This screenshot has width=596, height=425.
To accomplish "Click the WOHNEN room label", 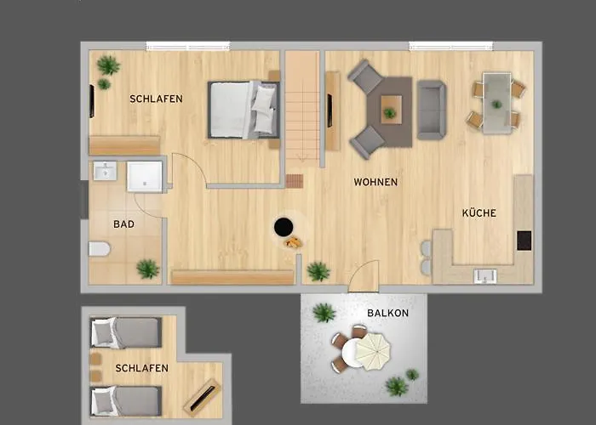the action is tap(375, 182).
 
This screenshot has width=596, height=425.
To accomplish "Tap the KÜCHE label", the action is tap(479, 212).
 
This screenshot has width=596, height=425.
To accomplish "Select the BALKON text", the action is tap(387, 313).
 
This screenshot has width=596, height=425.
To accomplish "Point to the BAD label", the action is tap(124, 224).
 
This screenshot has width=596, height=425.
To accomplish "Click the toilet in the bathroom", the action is tap(100, 249).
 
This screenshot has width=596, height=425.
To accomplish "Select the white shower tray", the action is tap(145, 177).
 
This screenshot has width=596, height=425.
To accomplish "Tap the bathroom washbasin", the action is tap(105, 171).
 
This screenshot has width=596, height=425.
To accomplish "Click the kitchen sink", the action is tap(485, 276).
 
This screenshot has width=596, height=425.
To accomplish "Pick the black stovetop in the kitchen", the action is tap(524, 241).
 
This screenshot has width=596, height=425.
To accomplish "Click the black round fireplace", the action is tap(284, 227).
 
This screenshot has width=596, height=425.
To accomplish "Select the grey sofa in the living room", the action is tap(432, 110).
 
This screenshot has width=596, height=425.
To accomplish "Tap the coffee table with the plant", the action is tap(391, 110).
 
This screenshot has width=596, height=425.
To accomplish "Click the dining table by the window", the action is tap(496, 103).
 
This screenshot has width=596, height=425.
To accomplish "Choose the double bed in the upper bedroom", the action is tap(244, 110).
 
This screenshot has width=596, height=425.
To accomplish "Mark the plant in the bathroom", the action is tap(148, 269).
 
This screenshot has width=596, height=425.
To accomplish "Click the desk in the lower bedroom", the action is tap(203, 397).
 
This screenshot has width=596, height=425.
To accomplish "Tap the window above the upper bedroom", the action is tap(188, 46).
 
